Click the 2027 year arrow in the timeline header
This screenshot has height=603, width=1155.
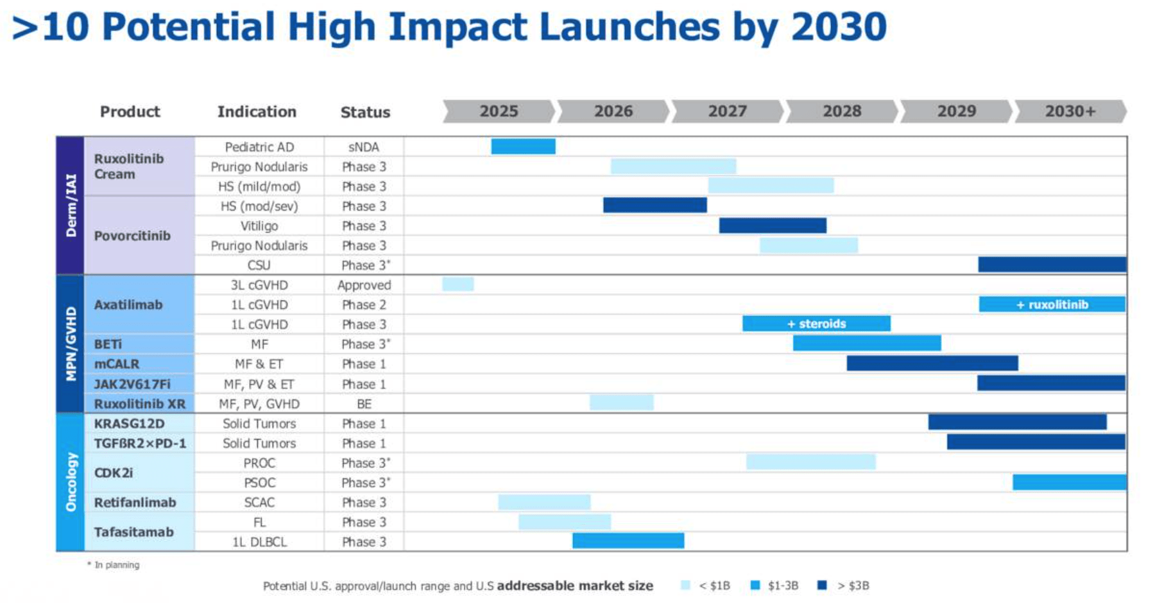tap(727, 111)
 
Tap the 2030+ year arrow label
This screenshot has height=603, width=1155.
tap(1070, 111)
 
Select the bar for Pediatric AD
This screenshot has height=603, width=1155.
tap(523, 146)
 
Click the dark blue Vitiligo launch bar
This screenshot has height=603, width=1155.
tap(773, 225)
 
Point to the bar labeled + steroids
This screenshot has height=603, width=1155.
tap(816, 324)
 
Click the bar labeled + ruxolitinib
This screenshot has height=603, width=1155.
tap(1052, 304)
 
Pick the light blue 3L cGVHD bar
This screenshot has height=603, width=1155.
tap(458, 284)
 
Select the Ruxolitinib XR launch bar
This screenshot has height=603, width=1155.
tap(621, 403)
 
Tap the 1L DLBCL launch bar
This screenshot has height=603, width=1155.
tap(628, 541)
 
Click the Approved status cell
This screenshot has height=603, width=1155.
tap(364, 285)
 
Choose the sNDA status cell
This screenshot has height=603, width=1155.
tap(364, 147)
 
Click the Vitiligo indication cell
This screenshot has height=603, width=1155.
tap(259, 226)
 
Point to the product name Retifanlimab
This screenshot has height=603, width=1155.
tap(135, 502)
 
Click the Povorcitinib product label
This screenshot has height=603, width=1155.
tap(132, 236)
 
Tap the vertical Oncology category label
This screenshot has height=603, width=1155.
tap(71, 482)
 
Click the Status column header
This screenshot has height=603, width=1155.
tap(365, 112)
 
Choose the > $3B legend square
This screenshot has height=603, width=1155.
tap(822, 585)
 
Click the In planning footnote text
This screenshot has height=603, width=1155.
tap(116, 565)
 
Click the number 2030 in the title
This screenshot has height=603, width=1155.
tap(838, 27)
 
